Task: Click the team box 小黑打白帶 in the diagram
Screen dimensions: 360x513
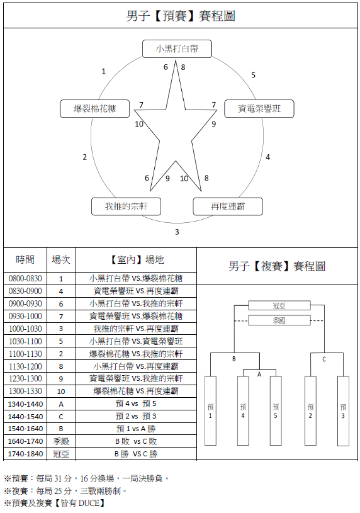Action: coord(177,48)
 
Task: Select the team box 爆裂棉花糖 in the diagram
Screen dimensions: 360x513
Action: coord(94,109)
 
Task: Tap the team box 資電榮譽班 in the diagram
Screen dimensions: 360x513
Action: coord(259,109)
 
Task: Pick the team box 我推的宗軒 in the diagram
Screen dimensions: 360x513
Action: coord(126,206)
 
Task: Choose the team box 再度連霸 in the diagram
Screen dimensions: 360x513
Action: coord(228,206)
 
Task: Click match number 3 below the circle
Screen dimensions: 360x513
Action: coord(177,232)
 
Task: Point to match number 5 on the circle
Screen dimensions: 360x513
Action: coord(253,76)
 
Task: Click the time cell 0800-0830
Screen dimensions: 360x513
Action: coord(25,279)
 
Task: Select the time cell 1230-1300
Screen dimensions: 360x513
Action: coord(25,378)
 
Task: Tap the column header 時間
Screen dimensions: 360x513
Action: coord(25,260)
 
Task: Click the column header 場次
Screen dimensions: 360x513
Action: coord(61,260)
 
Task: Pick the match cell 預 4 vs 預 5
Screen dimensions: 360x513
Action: coord(136,403)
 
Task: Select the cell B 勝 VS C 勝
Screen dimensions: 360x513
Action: coord(136,454)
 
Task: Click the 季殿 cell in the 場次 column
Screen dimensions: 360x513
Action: coord(61,441)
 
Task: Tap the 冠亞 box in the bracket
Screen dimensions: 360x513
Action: coord(279,305)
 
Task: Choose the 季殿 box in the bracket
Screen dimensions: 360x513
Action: coord(279,320)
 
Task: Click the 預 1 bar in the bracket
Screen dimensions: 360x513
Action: coord(210,411)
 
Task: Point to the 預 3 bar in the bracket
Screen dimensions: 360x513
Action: coord(343,411)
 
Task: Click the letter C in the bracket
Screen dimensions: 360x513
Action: coord(324,359)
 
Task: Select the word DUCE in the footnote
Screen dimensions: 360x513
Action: coord(89,503)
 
